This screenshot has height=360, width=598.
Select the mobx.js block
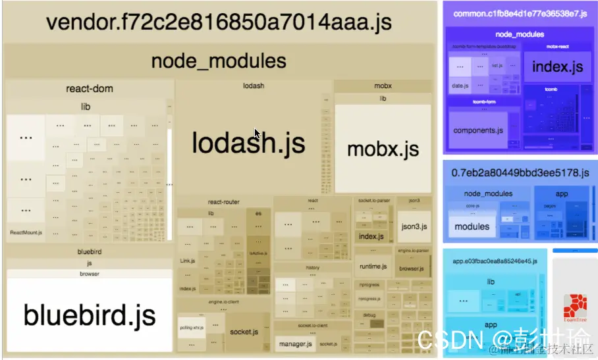[383, 149]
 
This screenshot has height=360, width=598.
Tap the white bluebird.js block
[90, 315]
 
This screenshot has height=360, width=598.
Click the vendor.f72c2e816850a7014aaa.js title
[219, 22]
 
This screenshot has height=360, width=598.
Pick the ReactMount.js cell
[26, 232]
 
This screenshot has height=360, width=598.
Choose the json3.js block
[414, 227]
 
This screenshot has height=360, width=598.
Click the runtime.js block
[373, 267]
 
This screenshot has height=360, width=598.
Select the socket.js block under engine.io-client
[244, 332]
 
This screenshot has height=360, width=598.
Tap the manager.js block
[294, 344]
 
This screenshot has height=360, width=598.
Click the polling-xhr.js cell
[192, 328]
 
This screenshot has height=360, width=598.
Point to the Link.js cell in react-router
[188, 261]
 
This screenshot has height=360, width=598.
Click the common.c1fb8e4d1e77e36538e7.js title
[510, 13]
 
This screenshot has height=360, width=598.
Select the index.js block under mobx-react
[557, 67]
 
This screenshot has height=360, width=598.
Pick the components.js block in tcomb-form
[478, 130]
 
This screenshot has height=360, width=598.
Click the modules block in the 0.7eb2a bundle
[472, 226]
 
